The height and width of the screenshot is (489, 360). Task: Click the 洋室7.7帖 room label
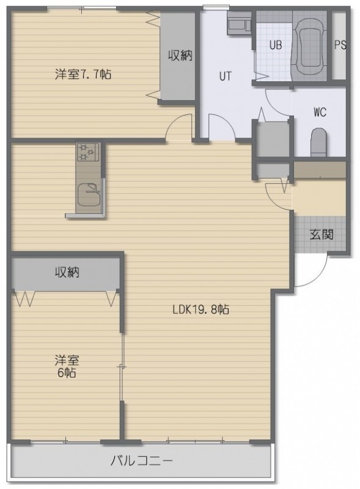tap(83, 75)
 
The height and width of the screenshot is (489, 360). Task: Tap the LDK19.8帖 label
tap(201, 309)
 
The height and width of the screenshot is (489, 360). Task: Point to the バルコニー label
tap(142, 461)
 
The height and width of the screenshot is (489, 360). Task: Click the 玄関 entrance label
tap(321, 234)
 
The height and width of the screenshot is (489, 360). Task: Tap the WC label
tap(320, 112)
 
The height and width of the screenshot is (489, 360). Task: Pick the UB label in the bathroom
tap(276, 45)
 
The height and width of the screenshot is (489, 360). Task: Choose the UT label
tap(226, 76)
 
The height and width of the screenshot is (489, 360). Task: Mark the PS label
tap(340, 45)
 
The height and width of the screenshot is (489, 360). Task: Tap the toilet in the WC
tap(318, 142)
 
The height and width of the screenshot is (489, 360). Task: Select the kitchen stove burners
tap(88, 152)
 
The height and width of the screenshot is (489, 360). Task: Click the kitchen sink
tap(89, 194)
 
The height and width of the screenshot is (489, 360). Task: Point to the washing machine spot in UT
tap(239, 23)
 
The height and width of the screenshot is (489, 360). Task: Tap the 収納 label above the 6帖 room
tap(67, 272)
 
